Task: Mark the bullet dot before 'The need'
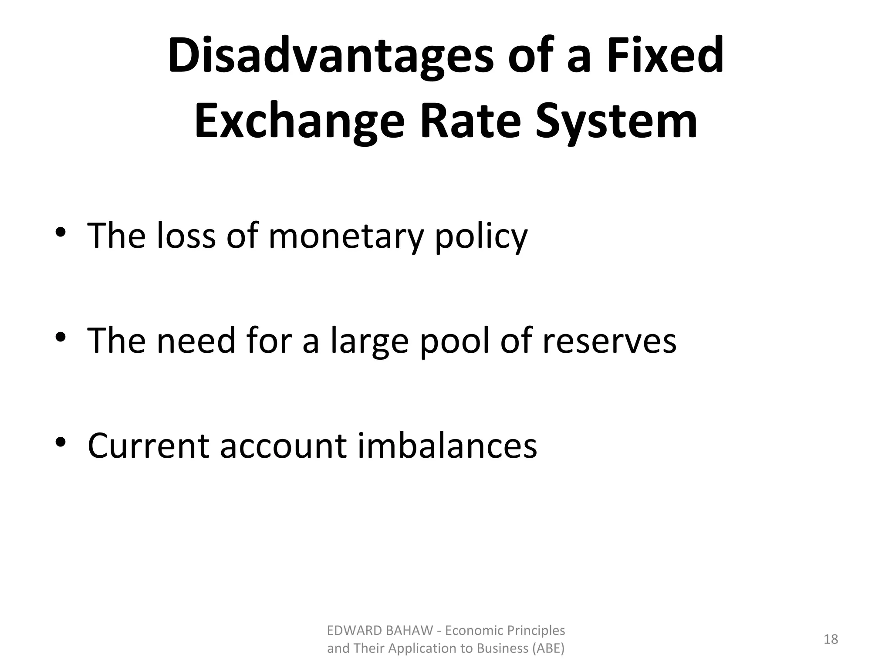click(61, 337)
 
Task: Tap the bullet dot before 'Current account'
click(61, 442)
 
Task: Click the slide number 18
click(831, 639)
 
